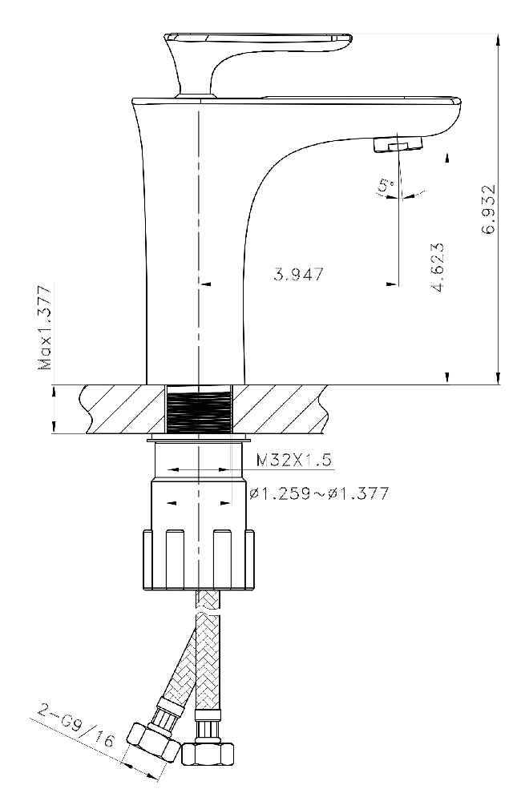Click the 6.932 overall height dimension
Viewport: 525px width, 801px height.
pos(488,209)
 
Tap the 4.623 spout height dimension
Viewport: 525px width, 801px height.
pos(438,267)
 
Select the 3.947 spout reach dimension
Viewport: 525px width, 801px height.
pos(298,274)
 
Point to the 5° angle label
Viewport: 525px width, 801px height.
pos(386,186)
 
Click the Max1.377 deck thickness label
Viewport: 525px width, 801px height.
pos(46,328)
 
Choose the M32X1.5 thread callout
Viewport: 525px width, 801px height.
pos(293,460)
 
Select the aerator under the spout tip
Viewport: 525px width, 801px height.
pos(398,143)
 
